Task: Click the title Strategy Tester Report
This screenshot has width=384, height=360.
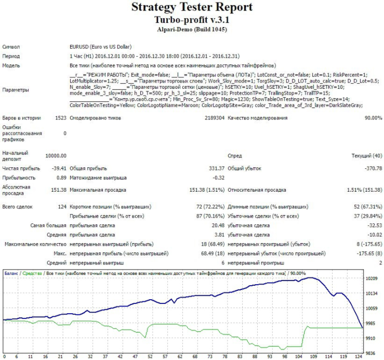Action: coord(192,7)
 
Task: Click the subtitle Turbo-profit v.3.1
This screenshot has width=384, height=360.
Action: coord(192,19)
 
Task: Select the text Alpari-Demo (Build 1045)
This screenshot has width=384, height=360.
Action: coord(192,30)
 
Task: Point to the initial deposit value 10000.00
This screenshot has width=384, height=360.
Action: coord(56,156)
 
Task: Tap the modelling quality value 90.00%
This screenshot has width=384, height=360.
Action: coord(371,118)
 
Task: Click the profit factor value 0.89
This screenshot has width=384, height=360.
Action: coord(61,177)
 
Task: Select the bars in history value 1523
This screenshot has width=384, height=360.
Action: coord(60,118)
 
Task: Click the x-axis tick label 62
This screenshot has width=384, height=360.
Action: coord(180,357)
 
